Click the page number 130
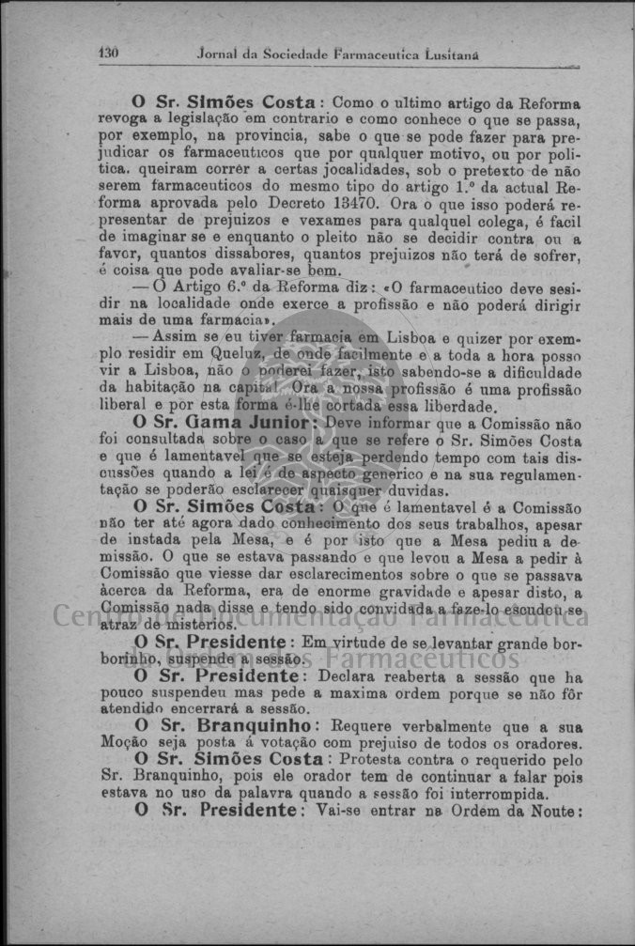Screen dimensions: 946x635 tap(109, 54)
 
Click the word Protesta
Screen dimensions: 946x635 tap(371, 761)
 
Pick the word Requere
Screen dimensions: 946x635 tap(364, 728)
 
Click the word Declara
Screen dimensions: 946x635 tap(349, 676)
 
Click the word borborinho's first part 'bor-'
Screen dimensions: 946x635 tap(564, 643)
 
